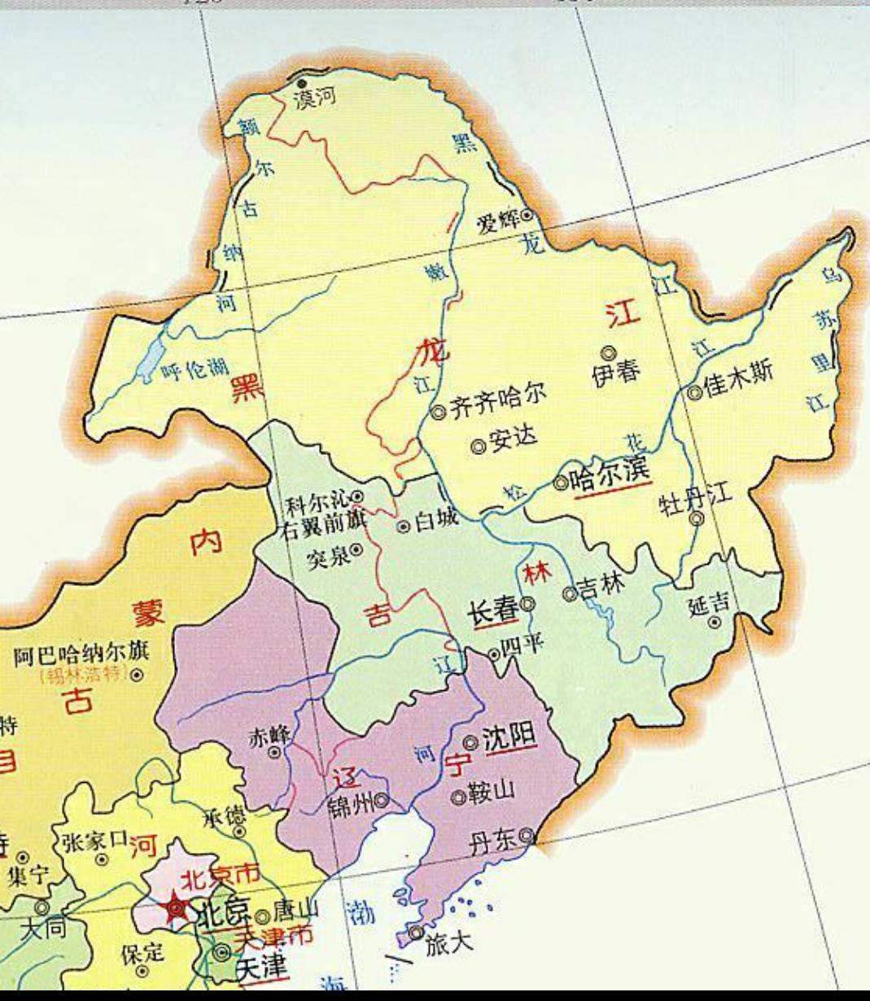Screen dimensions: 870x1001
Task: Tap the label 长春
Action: pyautogui.click(x=493, y=610)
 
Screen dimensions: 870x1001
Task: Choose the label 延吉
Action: pyautogui.click(x=709, y=605)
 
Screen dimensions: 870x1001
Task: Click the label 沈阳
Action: pyautogui.click(x=509, y=737)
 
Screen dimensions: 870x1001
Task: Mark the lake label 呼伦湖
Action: pyautogui.click(x=195, y=370)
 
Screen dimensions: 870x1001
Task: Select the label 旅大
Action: pyautogui.click(x=448, y=944)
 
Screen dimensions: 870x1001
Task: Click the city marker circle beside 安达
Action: pyautogui.click(x=479, y=446)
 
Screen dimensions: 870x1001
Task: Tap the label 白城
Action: pyautogui.click(x=436, y=521)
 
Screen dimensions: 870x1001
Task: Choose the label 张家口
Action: pyautogui.click(x=96, y=839)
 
